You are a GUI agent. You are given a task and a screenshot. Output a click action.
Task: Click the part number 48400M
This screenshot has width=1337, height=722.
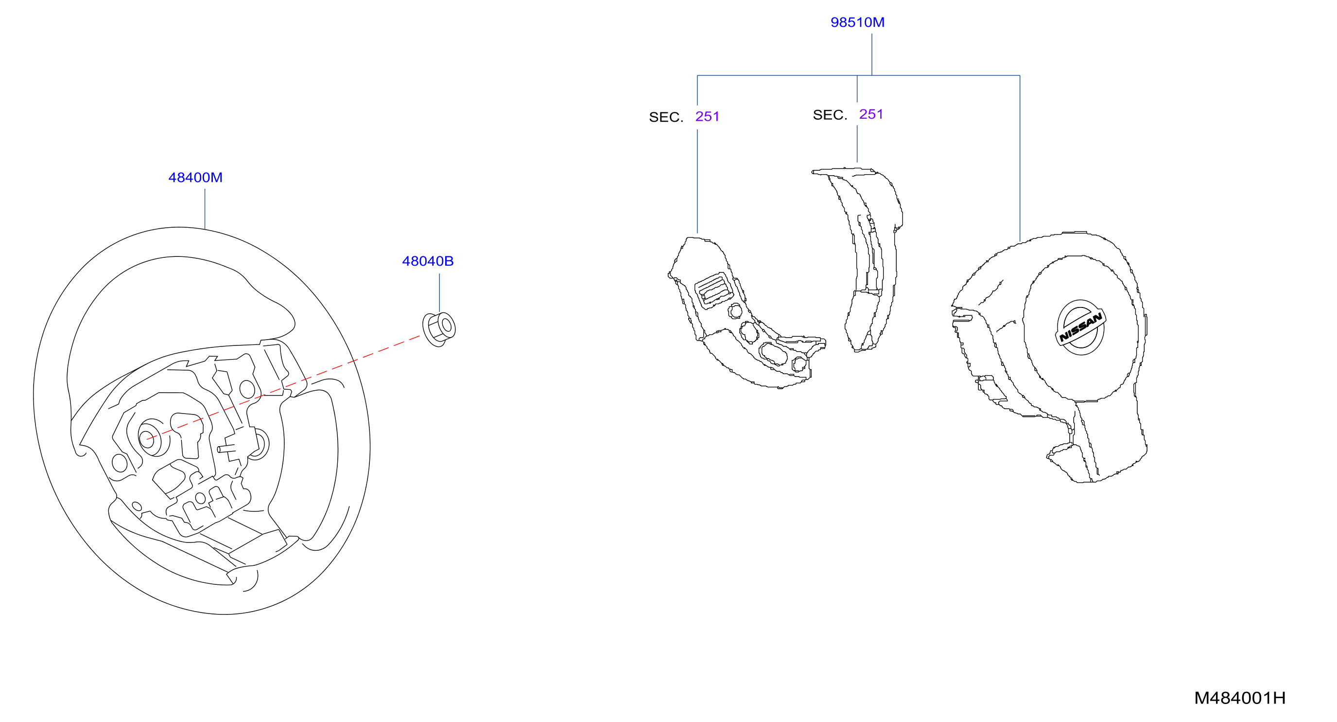click(x=195, y=178)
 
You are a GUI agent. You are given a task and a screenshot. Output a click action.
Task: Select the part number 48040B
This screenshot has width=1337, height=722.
click(x=428, y=261)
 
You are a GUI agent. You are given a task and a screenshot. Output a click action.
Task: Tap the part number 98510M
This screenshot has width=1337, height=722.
click(x=857, y=22)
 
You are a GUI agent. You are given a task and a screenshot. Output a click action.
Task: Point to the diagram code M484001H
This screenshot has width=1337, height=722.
click(x=1240, y=698)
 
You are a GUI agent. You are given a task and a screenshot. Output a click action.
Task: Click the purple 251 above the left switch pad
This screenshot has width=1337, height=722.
click(x=708, y=116)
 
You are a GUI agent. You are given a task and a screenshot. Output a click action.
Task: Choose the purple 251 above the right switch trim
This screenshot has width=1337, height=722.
click(x=871, y=114)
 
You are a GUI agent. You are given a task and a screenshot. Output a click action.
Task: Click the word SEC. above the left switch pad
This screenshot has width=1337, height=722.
click(x=666, y=117)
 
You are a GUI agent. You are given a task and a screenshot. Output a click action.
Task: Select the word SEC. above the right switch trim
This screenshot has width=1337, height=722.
click(x=830, y=115)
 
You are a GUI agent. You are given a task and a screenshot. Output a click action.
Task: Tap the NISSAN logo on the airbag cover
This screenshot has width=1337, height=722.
click(x=1080, y=328)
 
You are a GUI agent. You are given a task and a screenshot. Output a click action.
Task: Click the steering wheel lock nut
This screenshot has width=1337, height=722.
click(x=439, y=329)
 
